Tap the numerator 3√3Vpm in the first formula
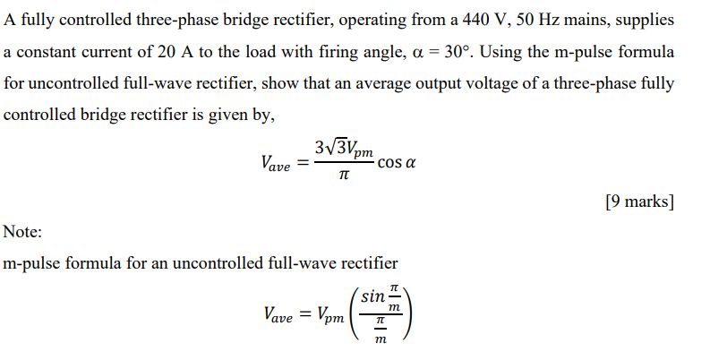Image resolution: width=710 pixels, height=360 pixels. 344,148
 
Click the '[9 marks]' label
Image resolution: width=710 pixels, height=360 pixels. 639,201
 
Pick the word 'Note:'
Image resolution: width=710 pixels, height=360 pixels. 23,233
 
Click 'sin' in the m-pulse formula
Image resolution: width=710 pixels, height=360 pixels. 373,295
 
